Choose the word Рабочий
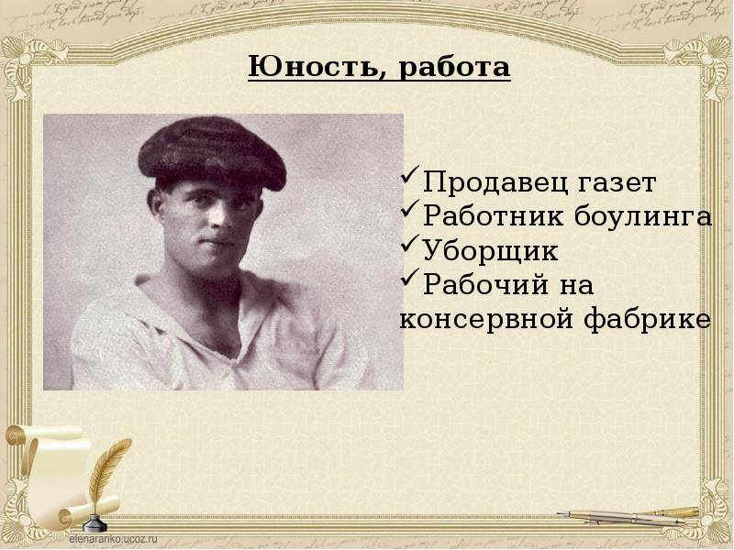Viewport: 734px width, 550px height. click(476, 285)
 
